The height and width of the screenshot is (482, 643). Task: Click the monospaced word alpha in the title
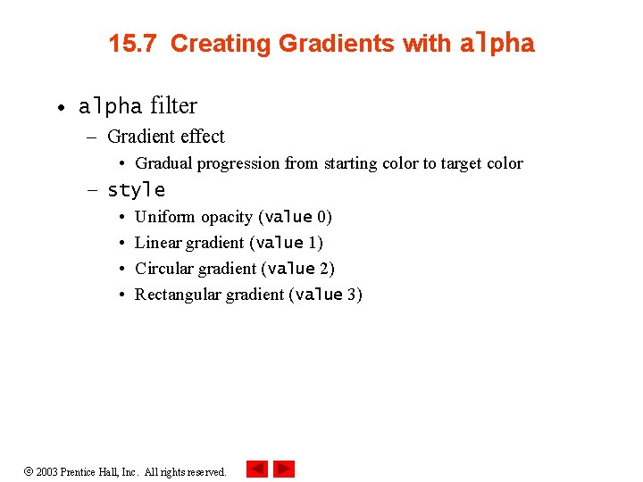497,44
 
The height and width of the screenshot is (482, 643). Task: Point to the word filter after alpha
173,106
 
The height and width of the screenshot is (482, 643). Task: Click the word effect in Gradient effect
202,137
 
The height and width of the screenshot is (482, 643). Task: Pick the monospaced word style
136,190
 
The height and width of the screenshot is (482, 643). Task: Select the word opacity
227,217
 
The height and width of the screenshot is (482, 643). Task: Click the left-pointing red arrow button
256,469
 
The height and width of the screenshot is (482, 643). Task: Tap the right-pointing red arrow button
284,469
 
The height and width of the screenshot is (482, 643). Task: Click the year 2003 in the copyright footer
46,471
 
